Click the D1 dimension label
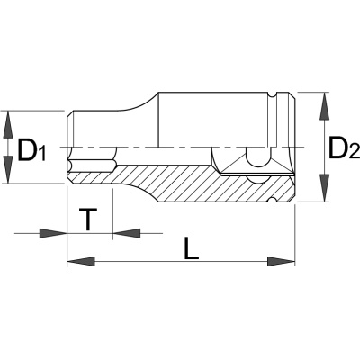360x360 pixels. [31, 149]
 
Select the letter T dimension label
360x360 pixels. [88, 220]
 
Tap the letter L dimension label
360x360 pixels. [191, 248]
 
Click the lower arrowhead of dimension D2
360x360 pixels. [323, 188]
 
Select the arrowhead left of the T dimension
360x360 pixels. [53, 233]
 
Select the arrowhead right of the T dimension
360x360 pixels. [127, 233]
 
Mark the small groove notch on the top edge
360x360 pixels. [272, 94]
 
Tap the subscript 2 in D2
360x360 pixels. [354, 151]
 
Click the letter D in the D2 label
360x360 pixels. [338, 147]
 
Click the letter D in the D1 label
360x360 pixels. [27, 149]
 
